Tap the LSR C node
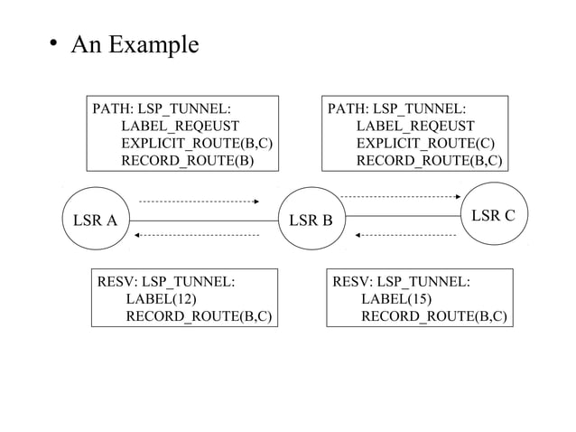pos(493,214)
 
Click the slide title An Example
pos(129,43)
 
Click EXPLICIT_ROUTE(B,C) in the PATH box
pos(197,144)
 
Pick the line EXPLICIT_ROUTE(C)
pos(425,144)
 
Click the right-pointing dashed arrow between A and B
pos(199,202)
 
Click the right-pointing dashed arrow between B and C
pos(401,196)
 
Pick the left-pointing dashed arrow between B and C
pos(405,235)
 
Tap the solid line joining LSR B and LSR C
pos(404,216)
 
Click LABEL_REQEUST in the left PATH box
pos(180,127)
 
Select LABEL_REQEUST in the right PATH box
pos(415,127)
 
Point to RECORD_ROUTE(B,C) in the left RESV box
pos(199,315)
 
